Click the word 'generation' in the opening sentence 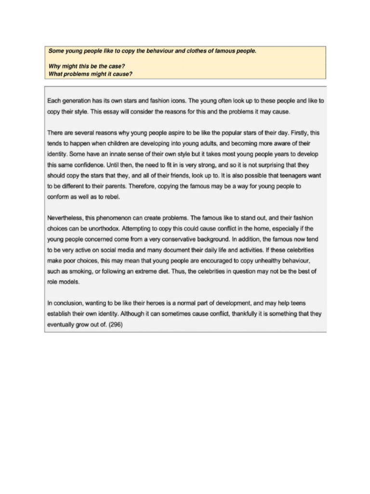[x=77, y=101]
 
